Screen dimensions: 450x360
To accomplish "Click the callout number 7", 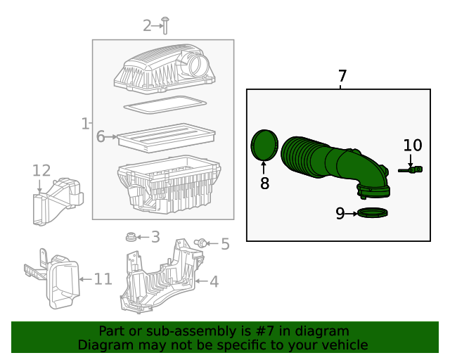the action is click(x=342, y=77).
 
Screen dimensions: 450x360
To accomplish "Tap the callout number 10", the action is click(x=413, y=146).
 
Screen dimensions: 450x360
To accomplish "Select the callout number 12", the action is click(x=41, y=171).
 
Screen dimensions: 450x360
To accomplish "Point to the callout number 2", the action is click(x=147, y=26).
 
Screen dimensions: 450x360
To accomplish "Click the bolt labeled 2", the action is click(x=165, y=25).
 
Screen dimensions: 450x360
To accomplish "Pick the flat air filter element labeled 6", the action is click(x=166, y=138).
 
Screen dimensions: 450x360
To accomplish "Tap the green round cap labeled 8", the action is click(x=264, y=145).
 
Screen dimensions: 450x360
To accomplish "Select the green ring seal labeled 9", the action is click(x=373, y=213).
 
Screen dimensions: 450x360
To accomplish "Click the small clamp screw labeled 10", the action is click(x=411, y=169).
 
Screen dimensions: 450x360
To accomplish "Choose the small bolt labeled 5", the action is click(x=200, y=243).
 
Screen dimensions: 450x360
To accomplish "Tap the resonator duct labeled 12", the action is click(x=58, y=201).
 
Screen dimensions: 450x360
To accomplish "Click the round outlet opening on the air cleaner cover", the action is click(x=199, y=65).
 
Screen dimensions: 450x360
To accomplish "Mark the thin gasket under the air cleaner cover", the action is click(x=165, y=105).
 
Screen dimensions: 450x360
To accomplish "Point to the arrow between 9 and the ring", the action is click(x=352, y=214).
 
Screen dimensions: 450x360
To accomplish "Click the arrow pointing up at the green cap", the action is click(x=264, y=167).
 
